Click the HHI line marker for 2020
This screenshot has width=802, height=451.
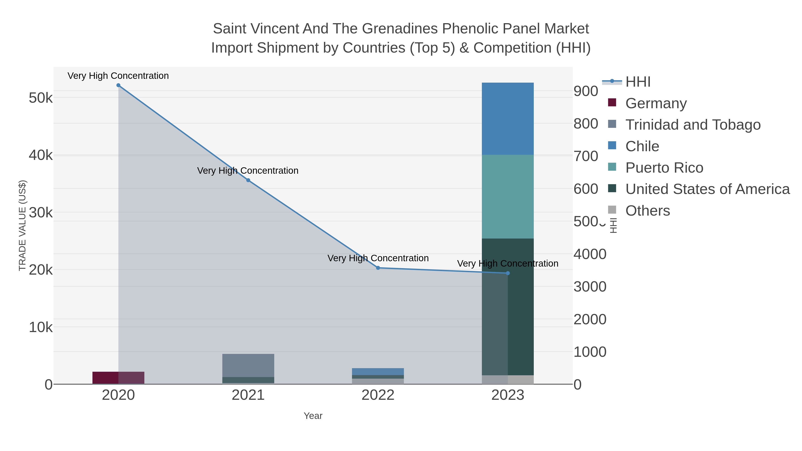[118, 85]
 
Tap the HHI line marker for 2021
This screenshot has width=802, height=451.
[248, 180]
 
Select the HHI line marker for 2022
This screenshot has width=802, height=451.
[378, 268]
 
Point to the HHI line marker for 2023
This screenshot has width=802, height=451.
[508, 273]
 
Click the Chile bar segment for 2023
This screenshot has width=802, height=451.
[507, 118]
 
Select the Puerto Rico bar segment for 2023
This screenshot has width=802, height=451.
[507, 197]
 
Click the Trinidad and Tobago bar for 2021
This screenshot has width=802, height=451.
[248, 365]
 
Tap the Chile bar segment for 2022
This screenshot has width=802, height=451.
[378, 372]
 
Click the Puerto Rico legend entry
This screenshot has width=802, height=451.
[664, 168]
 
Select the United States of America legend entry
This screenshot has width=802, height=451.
[707, 189]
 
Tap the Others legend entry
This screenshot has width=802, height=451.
[648, 211]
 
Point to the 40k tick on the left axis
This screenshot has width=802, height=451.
[41, 155]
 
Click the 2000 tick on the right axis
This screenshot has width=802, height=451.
[590, 320]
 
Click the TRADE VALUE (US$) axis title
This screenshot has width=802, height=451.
[23, 225]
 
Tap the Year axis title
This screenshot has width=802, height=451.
[313, 416]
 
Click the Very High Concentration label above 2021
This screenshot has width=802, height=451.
[248, 171]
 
